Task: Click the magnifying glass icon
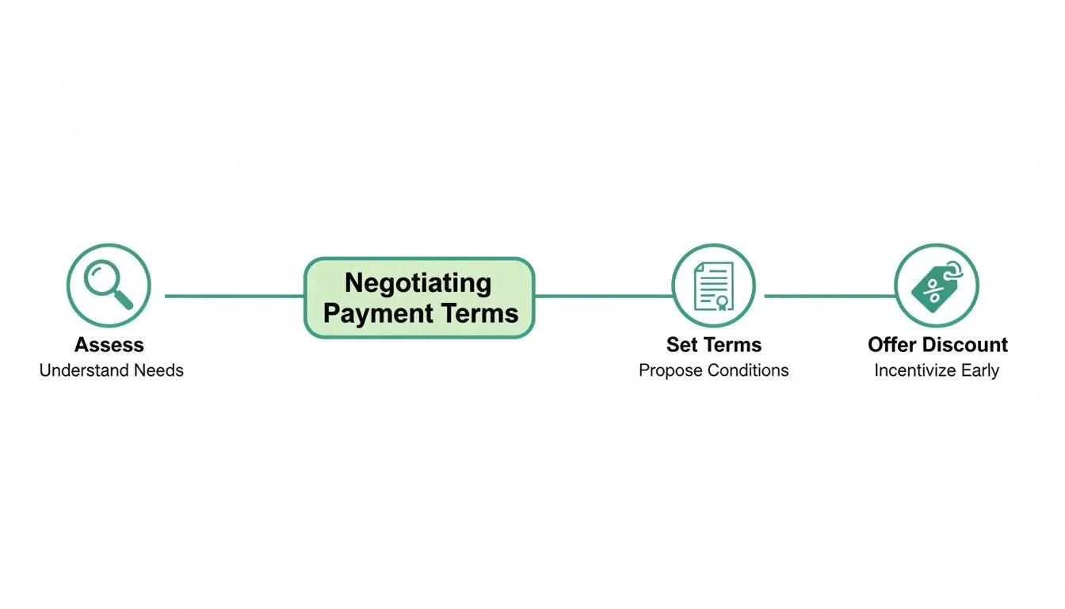click(x=109, y=285)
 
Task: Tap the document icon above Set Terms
click(x=713, y=285)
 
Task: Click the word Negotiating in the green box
click(x=418, y=283)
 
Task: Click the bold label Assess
click(x=109, y=345)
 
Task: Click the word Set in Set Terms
click(x=681, y=345)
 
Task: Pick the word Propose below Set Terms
click(x=670, y=370)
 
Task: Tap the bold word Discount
click(x=966, y=345)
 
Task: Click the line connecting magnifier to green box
click(x=235, y=296)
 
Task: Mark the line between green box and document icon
click(x=602, y=296)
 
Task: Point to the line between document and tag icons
click(x=829, y=296)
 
